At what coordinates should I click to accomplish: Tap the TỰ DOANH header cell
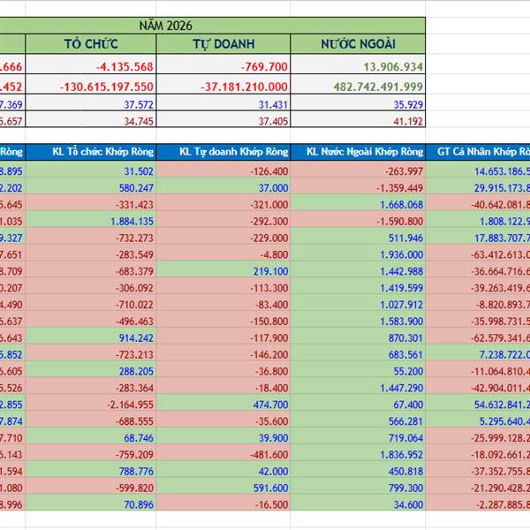[x=225, y=44]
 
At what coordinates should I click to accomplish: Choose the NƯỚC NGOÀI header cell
[x=358, y=44]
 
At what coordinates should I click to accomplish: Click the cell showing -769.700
[x=256, y=67]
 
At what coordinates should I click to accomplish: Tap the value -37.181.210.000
[x=239, y=87]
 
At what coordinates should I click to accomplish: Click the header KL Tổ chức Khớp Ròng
[x=101, y=152]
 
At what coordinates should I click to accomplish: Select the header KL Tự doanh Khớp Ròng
[x=233, y=152]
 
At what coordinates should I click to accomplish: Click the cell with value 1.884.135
[x=132, y=222]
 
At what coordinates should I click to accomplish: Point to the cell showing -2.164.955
[x=127, y=404]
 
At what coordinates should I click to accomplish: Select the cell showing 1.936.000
[x=403, y=254]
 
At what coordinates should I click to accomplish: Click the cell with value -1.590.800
[x=397, y=222]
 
